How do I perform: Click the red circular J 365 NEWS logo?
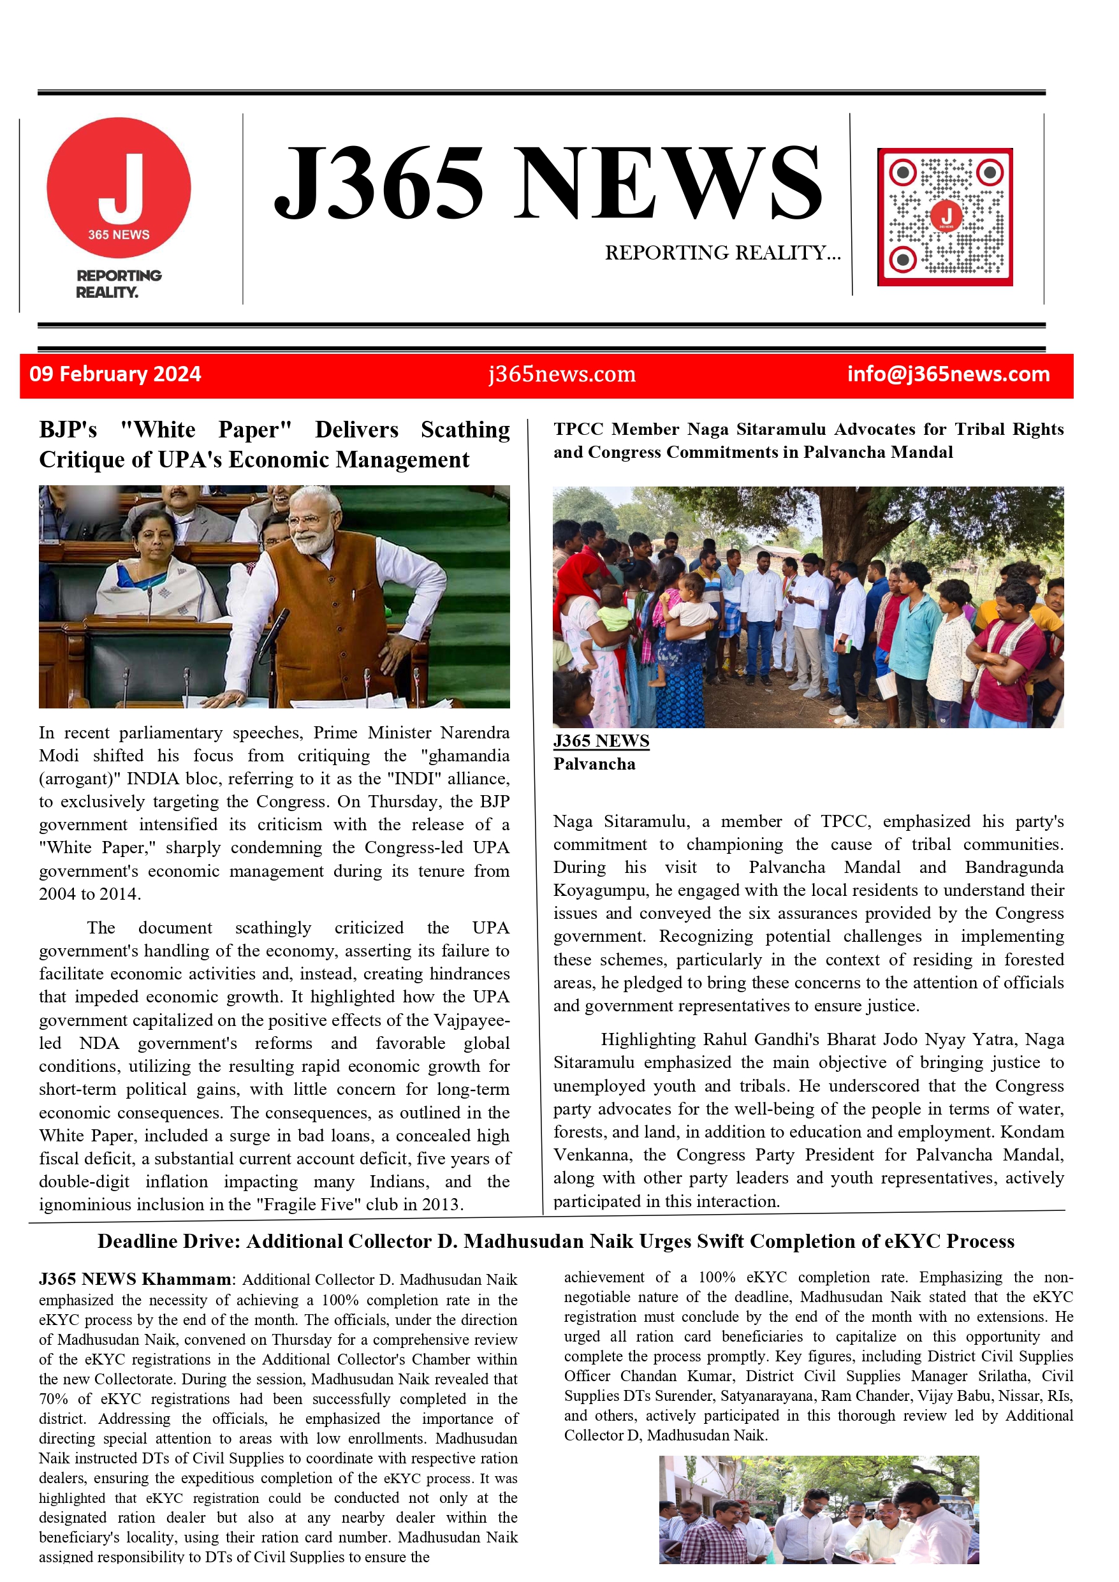119,188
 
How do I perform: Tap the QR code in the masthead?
945,216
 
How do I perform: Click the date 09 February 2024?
115,374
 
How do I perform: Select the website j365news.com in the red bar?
562,374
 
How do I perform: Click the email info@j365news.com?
948,374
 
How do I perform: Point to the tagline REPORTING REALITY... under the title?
722,253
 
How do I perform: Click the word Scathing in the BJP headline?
465,430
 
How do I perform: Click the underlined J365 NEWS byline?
601,742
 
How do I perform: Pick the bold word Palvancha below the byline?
594,764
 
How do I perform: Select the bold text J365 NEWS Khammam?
135,1280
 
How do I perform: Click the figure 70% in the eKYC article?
52,1400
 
